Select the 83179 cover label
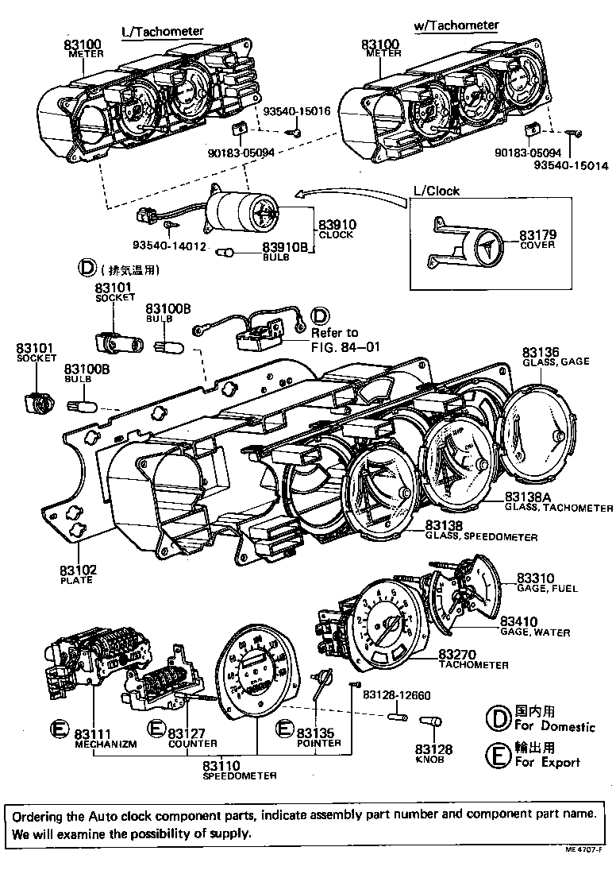click(x=537, y=235)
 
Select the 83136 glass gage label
click(x=541, y=352)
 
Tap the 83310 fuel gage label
click(x=536, y=578)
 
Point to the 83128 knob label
click(x=429, y=749)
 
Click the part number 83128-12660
click(x=396, y=695)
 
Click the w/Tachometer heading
click(x=456, y=25)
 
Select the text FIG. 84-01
click(x=346, y=346)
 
